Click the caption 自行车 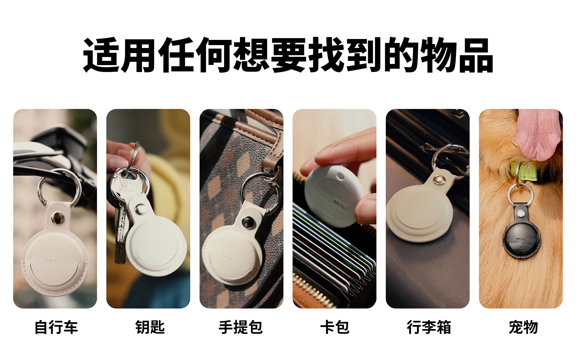pyautogui.click(x=56, y=327)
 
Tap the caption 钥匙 pyautogui.click(x=150, y=327)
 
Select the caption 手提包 pyautogui.click(x=241, y=327)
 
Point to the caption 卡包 pyautogui.click(x=335, y=327)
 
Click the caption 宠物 pyautogui.click(x=523, y=327)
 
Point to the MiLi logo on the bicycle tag pyautogui.click(x=54, y=260)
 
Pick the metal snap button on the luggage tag pyautogui.click(x=439, y=180)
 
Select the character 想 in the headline pyautogui.click(x=251, y=55)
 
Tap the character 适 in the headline pyautogui.click(x=101, y=55)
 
